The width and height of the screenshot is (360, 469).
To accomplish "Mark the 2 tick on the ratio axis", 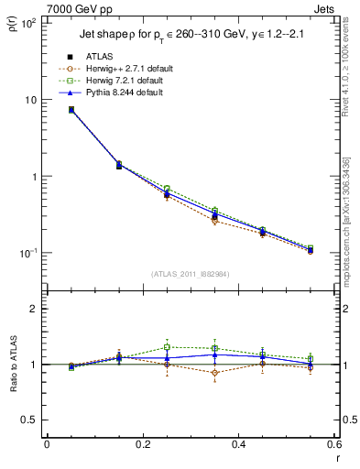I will [34, 309].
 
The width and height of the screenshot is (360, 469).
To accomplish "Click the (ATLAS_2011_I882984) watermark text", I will [190, 274].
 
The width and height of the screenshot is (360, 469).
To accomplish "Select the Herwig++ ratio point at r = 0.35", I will [214, 373].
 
